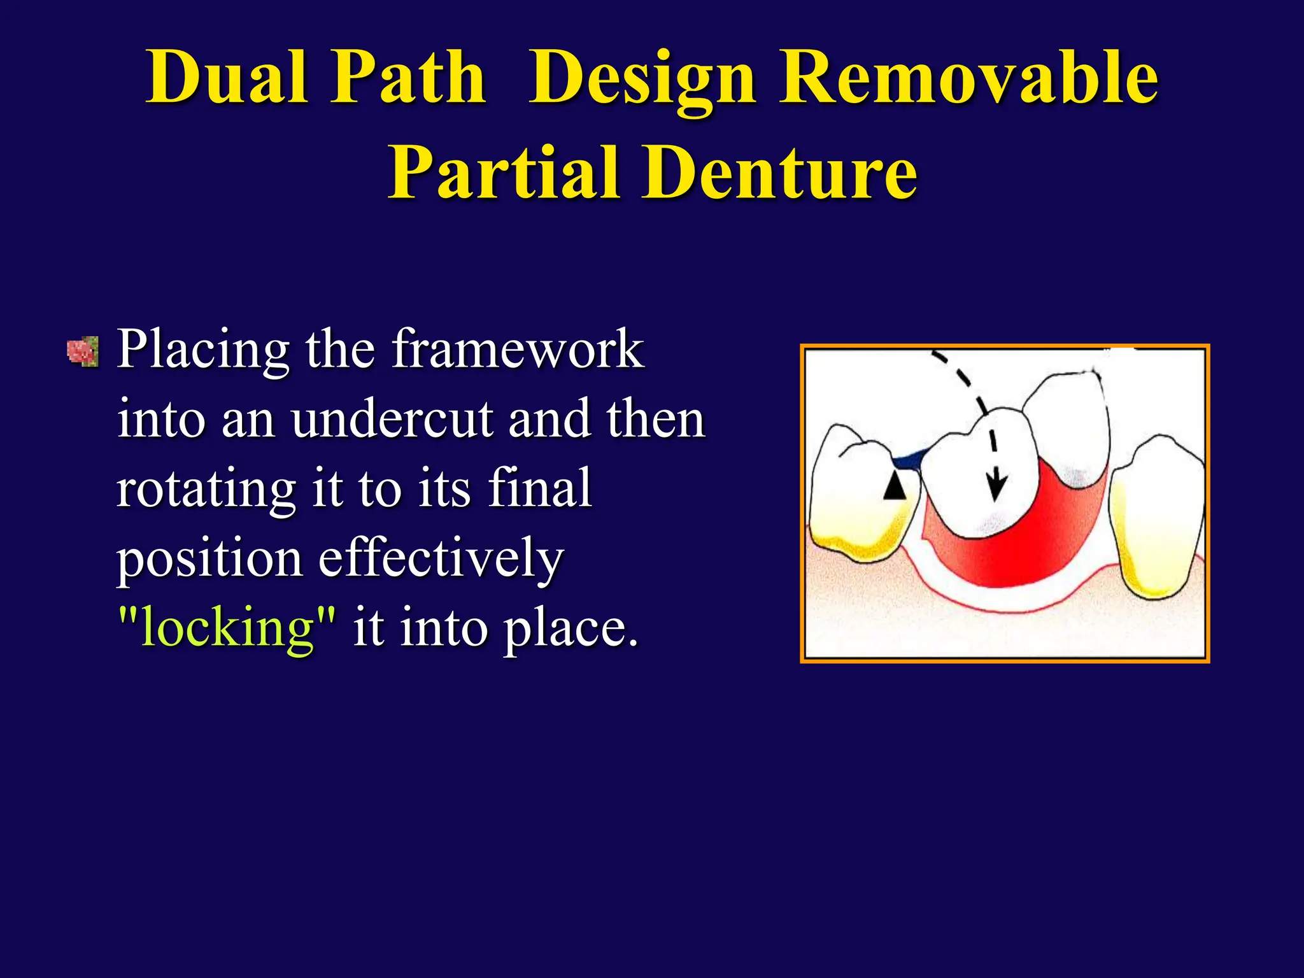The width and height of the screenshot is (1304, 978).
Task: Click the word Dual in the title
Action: pyautogui.click(x=227, y=78)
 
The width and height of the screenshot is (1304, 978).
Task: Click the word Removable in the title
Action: pyautogui.click(x=968, y=78)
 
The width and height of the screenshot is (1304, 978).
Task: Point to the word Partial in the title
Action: pyautogui.click(x=504, y=173)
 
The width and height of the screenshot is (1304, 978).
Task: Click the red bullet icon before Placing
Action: pyautogui.click(x=83, y=351)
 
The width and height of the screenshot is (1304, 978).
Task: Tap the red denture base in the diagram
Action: pyautogui.click(x=1019, y=548)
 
